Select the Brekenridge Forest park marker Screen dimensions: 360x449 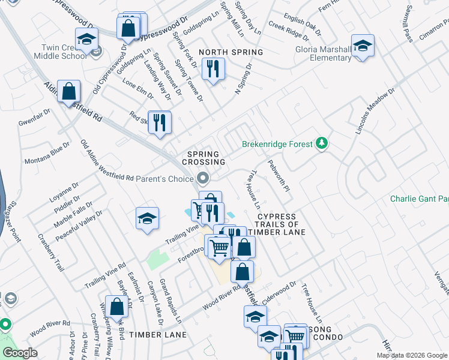pos(323,143)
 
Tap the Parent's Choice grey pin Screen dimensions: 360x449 pos(203,178)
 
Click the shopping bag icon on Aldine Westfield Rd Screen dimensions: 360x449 pos(70,92)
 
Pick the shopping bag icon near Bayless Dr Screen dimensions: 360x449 pos(116,306)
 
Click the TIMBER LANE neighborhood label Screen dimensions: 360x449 pos(158,335)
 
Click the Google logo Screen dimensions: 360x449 pos(19,352)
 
